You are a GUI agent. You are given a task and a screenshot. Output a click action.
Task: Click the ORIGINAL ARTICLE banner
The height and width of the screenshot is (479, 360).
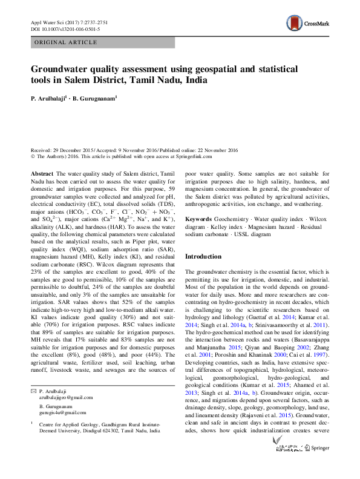click(x=66, y=42)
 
